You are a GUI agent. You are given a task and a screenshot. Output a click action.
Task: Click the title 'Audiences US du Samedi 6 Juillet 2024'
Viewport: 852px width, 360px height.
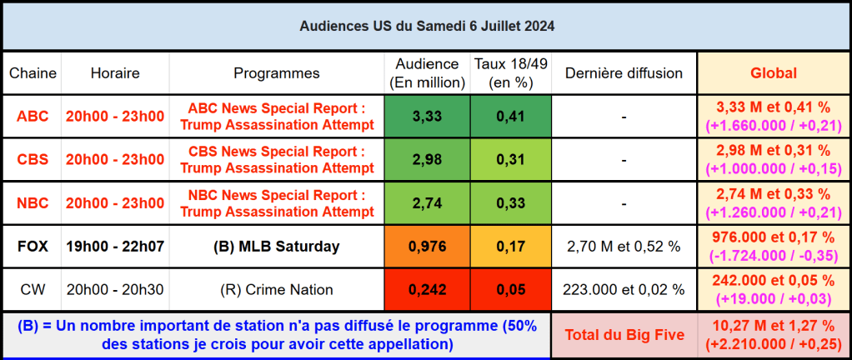coord(426,26)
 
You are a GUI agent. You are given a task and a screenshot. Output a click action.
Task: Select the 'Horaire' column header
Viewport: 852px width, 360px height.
coord(115,73)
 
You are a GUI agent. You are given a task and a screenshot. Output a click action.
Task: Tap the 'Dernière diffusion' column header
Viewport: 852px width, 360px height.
coord(624,73)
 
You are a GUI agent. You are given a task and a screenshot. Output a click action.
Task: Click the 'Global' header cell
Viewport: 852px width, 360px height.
coord(773,73)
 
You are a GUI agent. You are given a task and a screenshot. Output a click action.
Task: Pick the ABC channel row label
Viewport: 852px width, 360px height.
coord(33,116)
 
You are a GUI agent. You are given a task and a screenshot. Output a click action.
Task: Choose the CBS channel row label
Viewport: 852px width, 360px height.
coord(33,159)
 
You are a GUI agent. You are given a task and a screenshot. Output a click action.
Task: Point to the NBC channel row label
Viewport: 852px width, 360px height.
coord(33,202)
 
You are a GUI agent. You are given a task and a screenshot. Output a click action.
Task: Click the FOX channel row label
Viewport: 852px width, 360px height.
coord(33,246)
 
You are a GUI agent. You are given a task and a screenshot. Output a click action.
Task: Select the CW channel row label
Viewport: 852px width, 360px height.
coord(33,289)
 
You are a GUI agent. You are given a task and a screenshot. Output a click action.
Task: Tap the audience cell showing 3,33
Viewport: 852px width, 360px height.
coord(427,116)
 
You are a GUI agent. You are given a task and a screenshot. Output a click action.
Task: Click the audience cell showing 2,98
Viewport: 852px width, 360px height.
coord(427,159)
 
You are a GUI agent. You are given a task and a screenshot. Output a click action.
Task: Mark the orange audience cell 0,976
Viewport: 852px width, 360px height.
coord(427,246)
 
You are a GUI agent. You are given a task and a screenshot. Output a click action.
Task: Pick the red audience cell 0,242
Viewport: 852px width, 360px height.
coord(427,289)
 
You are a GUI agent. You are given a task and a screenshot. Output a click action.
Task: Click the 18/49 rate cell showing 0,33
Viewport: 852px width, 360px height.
coord(509,202)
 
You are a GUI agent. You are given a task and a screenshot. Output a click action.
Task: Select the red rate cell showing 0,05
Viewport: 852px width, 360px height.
coord(509,289)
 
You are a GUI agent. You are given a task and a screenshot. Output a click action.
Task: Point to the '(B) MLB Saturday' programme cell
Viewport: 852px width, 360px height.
coord(276,246)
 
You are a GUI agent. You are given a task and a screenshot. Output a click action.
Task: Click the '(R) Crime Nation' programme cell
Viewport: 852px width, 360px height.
coord(276,289)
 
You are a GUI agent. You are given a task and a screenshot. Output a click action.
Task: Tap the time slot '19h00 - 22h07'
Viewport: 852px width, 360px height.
coord(115,246)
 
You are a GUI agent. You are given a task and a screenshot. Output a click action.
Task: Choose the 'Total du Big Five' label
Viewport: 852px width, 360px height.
coord(624,334)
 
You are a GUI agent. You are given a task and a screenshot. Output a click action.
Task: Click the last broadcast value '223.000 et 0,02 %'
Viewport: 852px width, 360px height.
coord(624,289)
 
